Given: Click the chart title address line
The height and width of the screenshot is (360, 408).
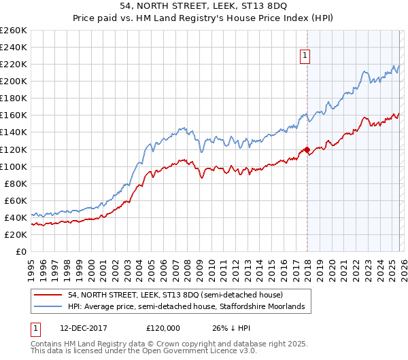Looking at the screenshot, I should [x=204, y=6].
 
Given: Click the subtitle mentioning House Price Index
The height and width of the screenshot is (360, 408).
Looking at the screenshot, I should [x=204, y=18].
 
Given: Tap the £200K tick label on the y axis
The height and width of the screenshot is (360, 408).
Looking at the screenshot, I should [x=14, y=81].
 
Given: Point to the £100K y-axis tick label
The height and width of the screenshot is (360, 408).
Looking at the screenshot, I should [x=14, y=166].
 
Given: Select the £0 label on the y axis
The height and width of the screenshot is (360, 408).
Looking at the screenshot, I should [x=20, y=251].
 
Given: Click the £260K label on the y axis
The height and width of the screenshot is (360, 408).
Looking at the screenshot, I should [x=14, y=30].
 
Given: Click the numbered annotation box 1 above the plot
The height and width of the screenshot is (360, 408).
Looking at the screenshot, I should [x=305, y=56].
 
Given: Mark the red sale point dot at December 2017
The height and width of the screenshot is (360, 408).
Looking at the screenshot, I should [x=306, y=149].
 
